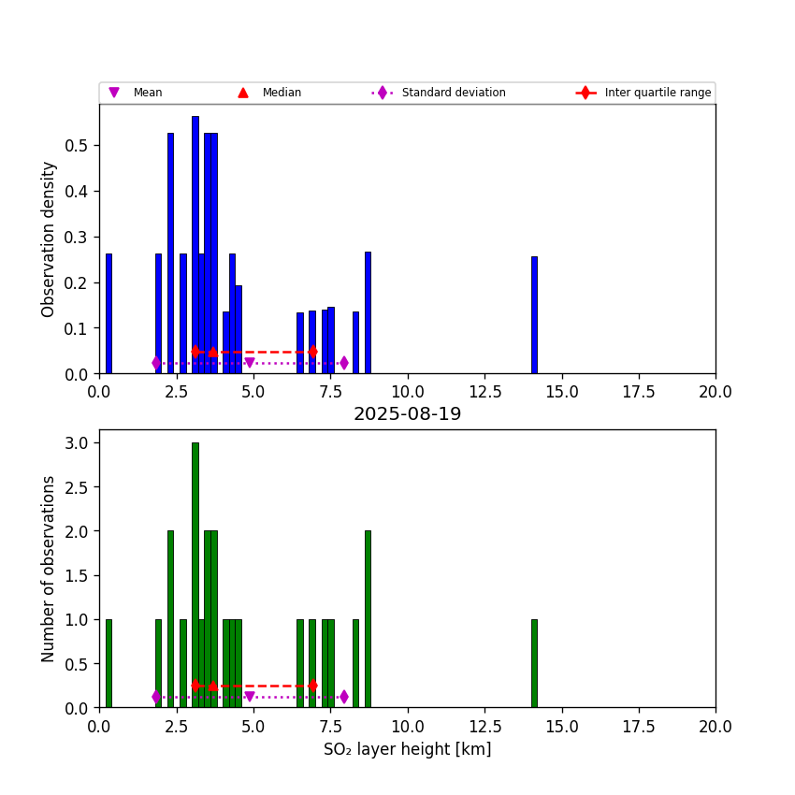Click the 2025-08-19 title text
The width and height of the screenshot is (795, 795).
[407, 414]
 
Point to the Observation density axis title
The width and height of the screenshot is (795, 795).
[49, 238]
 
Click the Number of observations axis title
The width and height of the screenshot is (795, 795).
[49, 569]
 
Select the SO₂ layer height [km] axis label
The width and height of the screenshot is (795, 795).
[407, 749]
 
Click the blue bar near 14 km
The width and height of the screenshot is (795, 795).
[534, 315]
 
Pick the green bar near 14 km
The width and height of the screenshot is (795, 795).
[534, 663]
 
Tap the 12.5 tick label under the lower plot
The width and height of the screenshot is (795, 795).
[484, 726]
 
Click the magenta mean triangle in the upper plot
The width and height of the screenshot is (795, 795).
[249, 363]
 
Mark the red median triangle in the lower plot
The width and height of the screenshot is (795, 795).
[213, 686]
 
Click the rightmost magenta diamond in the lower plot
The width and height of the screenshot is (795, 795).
[343, 697]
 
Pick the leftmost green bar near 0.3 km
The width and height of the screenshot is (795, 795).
[108, 663]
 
